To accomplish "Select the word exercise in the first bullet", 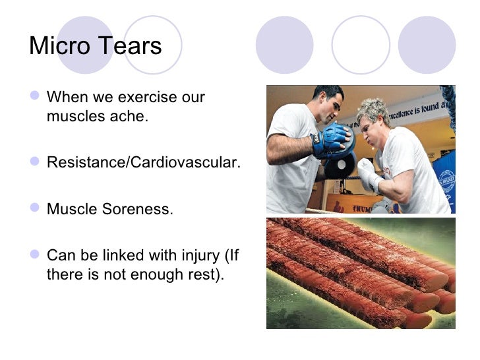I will [x=146, y=98].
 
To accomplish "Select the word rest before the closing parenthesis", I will [x=204, y=274].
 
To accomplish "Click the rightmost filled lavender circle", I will [x=427, y=45].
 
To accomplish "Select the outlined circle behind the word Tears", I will [x=152, y=45].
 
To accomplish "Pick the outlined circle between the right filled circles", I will [x=360, y=45].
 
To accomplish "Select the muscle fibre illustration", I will [x=360, y=273].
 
